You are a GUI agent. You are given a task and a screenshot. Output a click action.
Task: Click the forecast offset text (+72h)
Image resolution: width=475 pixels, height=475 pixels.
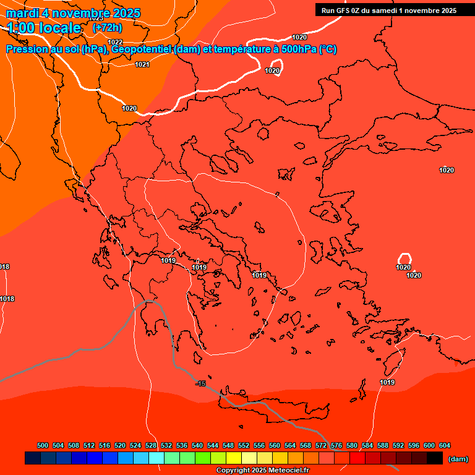point(106,28)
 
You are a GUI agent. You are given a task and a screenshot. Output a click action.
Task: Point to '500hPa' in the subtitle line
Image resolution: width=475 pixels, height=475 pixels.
point(298,49)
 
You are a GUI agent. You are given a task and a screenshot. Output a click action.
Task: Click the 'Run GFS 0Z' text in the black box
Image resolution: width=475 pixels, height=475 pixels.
point(343,11)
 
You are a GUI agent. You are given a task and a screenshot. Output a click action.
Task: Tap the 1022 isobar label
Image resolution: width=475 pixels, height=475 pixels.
point(115,42)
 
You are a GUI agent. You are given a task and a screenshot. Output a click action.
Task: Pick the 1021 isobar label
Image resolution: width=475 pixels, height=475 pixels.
point(142,64)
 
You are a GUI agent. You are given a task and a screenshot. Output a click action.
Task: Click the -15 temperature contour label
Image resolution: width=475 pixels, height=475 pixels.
point(200,384)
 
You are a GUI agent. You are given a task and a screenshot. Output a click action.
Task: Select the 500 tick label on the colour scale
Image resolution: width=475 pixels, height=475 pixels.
point(43,445)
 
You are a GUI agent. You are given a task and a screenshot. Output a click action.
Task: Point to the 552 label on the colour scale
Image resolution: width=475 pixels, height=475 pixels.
point(244,445)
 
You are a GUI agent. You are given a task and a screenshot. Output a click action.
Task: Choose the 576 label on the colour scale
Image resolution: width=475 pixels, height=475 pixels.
point(336,445)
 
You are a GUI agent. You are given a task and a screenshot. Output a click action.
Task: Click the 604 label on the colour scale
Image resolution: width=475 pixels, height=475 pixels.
point(445,445)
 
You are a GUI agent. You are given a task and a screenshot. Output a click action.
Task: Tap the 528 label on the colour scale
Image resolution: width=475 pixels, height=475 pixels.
point(151,445)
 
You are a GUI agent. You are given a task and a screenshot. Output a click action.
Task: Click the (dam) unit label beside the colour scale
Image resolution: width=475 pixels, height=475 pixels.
point(458,458)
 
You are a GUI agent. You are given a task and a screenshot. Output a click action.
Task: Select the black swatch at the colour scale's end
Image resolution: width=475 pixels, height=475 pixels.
point(435,458)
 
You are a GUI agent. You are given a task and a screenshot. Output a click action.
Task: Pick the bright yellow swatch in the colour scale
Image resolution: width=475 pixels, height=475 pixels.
point(233,458)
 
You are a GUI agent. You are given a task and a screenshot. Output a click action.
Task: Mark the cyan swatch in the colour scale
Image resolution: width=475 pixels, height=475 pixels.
point(156,458)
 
